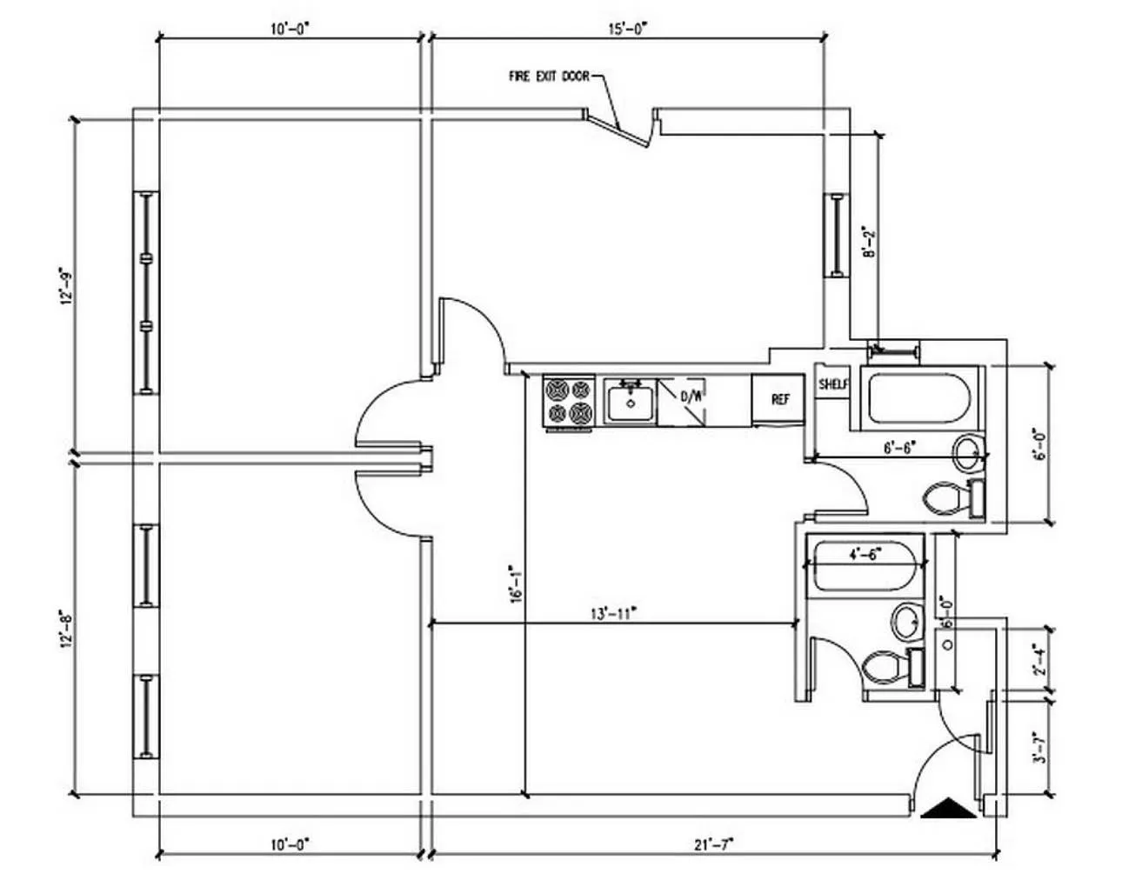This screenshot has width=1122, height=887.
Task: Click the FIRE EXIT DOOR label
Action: click(x=549, y=77)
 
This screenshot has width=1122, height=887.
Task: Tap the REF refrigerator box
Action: click(x=780, y=399)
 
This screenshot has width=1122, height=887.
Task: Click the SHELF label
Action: click(x=832, y=383)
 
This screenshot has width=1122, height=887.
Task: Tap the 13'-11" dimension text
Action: click(x=614, y=612)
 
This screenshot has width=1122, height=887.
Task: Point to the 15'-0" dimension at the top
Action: click(x=627, y=28)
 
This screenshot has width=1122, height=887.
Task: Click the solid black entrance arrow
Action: click(x=949, y=809)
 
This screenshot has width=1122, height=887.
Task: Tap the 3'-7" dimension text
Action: click(x=1036, y=747)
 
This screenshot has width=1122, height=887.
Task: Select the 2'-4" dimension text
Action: click(x=1036, y=659)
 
